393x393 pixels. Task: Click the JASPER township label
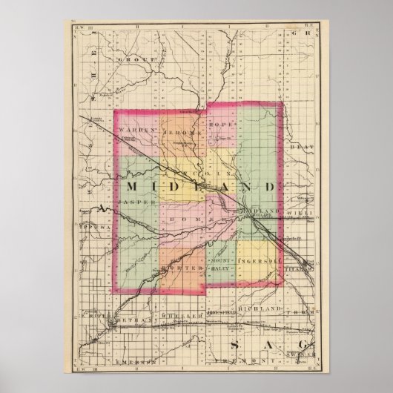tap(139, 201)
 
